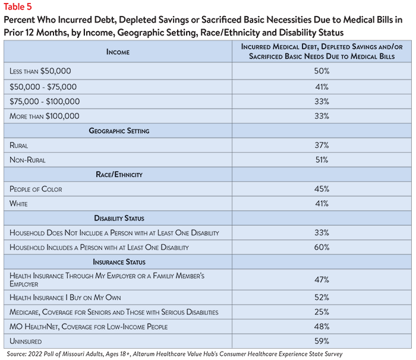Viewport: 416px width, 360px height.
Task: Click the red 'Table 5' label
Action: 17,7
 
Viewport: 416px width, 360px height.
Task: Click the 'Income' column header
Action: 118,52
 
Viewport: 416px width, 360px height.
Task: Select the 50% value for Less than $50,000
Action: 322,71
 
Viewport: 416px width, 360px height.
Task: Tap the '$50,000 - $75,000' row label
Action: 43,87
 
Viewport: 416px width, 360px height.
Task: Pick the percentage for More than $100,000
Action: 322,116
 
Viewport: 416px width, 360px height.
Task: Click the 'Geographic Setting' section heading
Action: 119,131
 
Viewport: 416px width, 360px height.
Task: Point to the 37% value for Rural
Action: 322,145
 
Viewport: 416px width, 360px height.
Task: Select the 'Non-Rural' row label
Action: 27,160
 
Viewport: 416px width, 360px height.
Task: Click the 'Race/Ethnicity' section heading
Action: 119,174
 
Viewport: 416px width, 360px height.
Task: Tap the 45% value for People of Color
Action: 322,189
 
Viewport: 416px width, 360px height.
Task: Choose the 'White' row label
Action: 18,204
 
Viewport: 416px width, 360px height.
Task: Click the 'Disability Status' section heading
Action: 119,218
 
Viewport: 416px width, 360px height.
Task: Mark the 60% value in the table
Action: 322,247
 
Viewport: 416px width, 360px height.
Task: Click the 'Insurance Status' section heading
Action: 119,262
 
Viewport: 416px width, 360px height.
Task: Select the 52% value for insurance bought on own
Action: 322,298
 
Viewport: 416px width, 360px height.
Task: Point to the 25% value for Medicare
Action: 322,312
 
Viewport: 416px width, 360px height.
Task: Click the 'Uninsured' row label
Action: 26,341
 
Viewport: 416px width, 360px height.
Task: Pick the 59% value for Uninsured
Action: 322,341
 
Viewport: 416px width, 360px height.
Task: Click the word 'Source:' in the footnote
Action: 17,354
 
